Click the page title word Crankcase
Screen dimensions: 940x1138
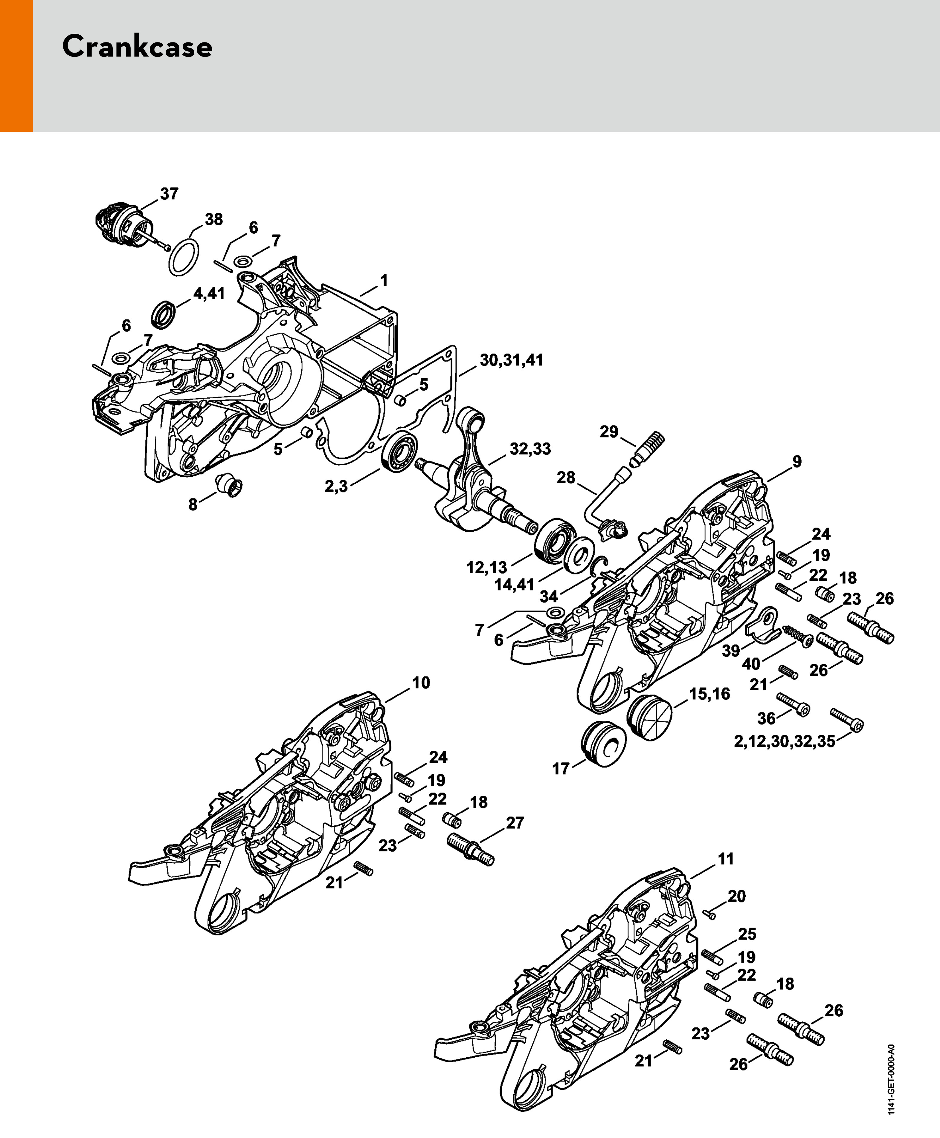[x=137, y=47]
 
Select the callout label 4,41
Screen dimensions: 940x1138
[x=209, y=294]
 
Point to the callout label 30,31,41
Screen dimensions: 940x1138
[x=512, y=360]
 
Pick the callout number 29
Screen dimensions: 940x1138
[x=609, y=432]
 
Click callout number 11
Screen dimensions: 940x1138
[x=726, y=859]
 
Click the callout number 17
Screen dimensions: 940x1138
[x=561, y=768]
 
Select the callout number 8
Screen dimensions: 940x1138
[x=193, y=505]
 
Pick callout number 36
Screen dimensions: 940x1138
[x=766, y=719]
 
